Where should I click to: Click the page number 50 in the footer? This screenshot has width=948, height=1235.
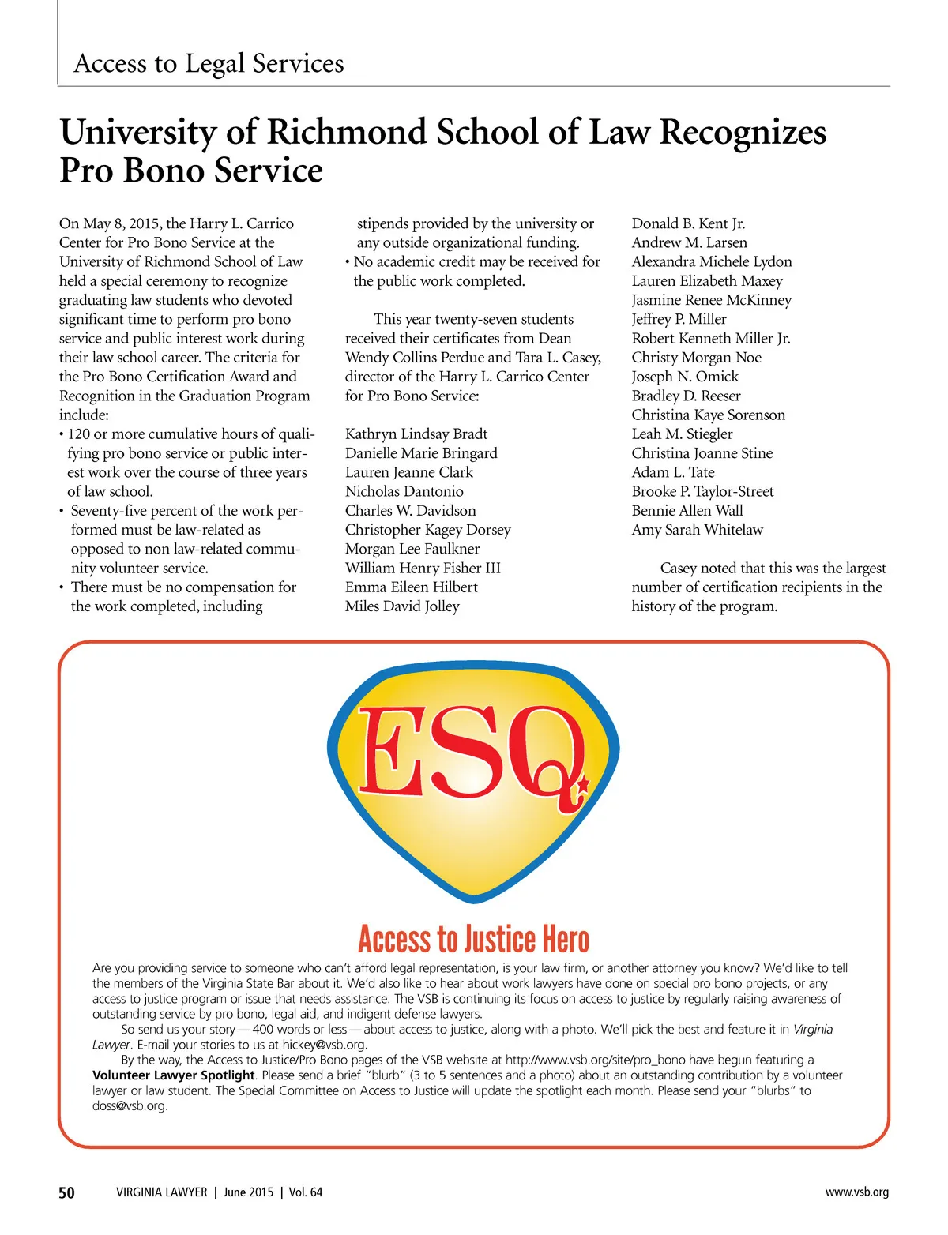click(67, 1192)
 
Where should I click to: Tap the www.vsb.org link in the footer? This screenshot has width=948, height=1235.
click(856, 1192)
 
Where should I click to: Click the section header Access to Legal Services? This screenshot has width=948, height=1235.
click(209, 63)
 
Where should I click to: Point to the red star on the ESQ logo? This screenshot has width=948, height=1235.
click(583, 786)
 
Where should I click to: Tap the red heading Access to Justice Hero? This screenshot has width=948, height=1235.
click(473, 940)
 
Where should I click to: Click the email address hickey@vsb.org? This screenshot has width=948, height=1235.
click(324, 1045)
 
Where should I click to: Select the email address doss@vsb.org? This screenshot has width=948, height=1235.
click(130, 1106)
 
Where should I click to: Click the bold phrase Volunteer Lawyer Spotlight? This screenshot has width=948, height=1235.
click(174, 1075)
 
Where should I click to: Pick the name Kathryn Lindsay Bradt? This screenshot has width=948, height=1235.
click(416, 434)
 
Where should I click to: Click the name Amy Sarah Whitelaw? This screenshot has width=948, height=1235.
click(697, 530)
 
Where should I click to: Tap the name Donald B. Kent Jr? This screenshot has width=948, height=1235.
click(688, 223)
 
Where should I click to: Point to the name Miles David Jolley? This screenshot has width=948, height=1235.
click(402, 606)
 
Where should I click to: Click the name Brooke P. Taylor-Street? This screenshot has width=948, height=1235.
click(702, 491)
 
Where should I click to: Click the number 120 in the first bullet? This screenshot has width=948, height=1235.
click(78, 434)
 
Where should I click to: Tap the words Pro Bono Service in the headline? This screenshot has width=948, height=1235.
click(191, 171)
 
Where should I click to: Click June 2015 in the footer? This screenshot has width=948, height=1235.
click(248, 1192)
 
